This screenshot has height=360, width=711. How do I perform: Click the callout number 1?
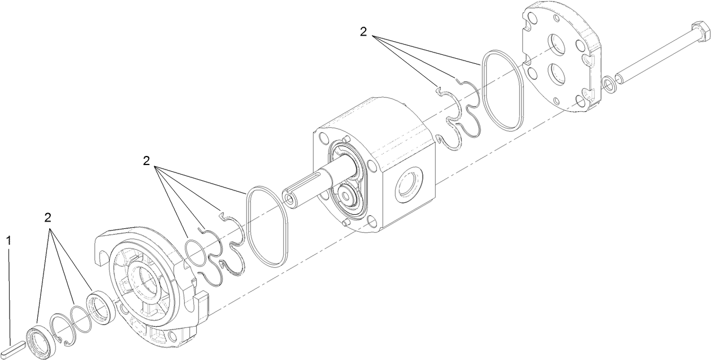(8, 240)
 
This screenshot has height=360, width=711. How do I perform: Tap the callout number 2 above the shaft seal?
(48, 218)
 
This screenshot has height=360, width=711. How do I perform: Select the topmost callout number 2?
(363, 32)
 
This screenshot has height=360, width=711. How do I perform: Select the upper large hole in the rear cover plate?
(556, 46)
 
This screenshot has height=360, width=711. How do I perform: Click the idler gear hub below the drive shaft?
(346, 194)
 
